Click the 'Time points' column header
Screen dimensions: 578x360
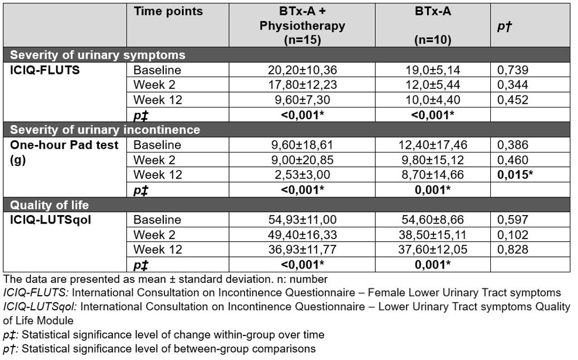168,11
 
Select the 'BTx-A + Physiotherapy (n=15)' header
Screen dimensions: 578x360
302,26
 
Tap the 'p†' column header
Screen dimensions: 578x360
505,26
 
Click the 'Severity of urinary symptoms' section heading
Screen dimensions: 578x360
98,55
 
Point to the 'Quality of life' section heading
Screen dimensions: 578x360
49,205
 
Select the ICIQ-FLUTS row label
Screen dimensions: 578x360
44,70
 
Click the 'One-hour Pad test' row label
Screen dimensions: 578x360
64,145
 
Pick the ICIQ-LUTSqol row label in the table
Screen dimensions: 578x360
50,220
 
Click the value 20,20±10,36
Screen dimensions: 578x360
302,70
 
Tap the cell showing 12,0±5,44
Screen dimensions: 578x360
433,85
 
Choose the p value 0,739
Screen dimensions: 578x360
513,70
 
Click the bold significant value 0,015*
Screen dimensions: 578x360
515,175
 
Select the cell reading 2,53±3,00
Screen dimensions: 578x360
302,175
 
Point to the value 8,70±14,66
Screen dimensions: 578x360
433,175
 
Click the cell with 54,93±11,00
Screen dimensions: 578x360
302,220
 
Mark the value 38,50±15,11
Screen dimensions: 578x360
433,235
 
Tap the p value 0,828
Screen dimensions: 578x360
513,249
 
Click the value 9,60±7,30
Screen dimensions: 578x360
302,100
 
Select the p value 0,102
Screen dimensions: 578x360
513,235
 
